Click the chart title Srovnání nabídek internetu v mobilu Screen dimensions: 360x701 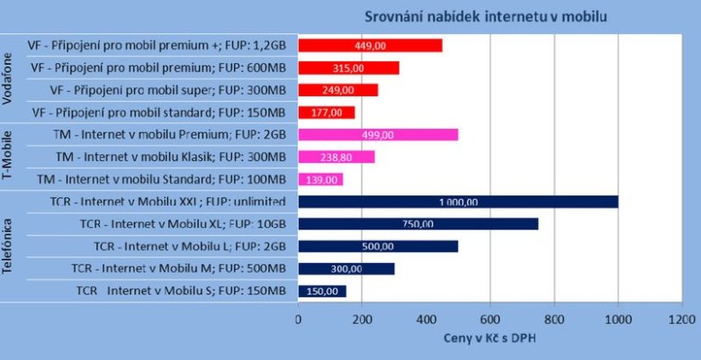[485, 15]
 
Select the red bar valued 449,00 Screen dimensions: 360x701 [370, 45]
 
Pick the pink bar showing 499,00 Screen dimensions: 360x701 [378, 134]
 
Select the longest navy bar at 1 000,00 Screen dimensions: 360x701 [458, 202]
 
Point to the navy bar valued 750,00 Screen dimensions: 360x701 [418, 223]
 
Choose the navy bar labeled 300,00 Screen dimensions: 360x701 [346, 268]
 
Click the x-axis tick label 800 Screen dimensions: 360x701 [554, 318]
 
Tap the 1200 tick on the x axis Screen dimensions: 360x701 [682, 318]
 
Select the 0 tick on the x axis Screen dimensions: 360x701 [298, 318]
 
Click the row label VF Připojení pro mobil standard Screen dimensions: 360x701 [158, 112]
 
